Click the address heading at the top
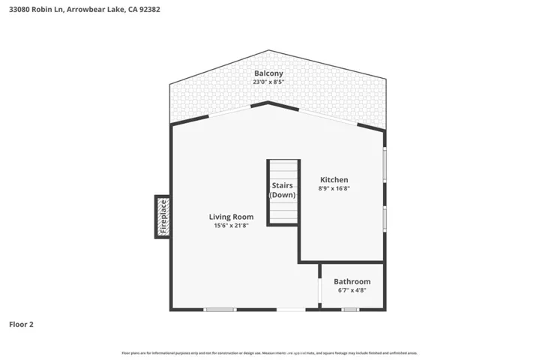click(x=84, y=10)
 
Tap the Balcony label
click(x=268, y=73)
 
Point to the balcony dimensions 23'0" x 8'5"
click(x=268, y=82)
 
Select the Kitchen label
click(x=334, y=180)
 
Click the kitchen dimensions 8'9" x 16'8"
click(x=334, y=190)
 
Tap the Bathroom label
click(x=352, y=281)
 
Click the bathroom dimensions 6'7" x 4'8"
click(x=352, y=291)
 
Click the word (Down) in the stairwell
click(x=283, y=195)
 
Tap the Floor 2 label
click(x=21, y=325)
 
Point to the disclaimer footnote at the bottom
click(x=269, y=352)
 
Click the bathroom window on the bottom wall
click(x=349, y=309)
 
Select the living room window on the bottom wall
click(x=220, y=309)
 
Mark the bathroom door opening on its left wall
click(x=320, y=289)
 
